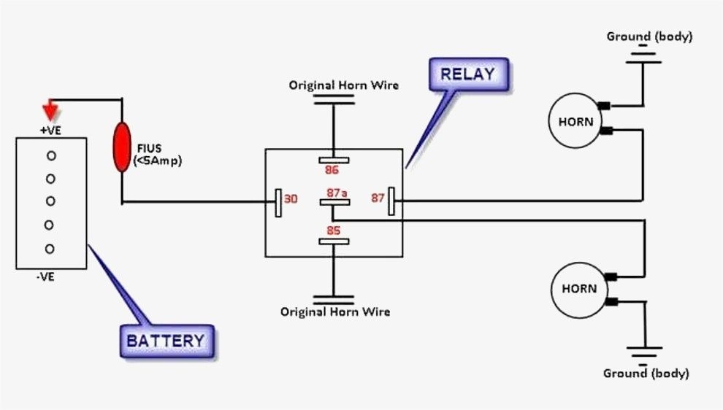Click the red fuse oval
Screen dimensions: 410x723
pyautogui.click(x=121, y=147)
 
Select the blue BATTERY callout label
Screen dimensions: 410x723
pyautogui.click(x=167, y=341)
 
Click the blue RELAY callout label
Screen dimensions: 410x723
pyautogui.click(x=467, y=74)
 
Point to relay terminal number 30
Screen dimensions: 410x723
pyautogui.click(x=291, y=198)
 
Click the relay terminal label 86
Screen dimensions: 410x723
pyautogui.click(x=333, y=171)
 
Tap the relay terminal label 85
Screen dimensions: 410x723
pyautogui.click(x=334, y=230)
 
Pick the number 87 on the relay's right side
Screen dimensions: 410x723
pyautogui.click(x=378, y=197)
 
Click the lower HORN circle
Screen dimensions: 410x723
pyautogui.click(x=578, y=289)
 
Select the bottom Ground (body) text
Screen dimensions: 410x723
pyautogui.click(x=646, y=374)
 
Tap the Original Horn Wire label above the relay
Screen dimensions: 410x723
pyautogui.click(x=344, y=85)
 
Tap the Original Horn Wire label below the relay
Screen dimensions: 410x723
pyautogui.click(x=335, y=312)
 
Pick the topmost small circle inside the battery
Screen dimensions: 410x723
pyautogui.click(x=50, y=155)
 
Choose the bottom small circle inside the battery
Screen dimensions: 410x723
pyautogui.click(x=50, y=249)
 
